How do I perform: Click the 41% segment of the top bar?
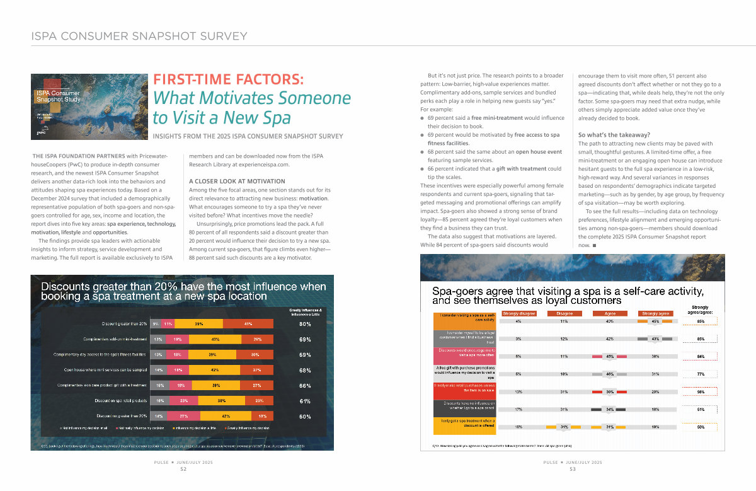click(248, 324)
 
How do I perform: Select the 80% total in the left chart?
click(305, 324)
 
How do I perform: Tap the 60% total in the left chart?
click(305, 416)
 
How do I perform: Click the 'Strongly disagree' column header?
click(519, 313)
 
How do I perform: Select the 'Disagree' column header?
click(564, 313)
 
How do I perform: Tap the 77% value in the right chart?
click(701, 373)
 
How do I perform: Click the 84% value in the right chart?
click(701, 356)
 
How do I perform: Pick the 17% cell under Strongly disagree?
click(518, 410)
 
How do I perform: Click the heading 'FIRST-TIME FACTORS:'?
click(229, 80)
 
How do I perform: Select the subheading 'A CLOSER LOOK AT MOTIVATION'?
click(237, 182)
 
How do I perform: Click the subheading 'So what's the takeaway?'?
click(614, 134)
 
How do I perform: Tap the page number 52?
click(183, 469)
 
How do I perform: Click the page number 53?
click(572, 469)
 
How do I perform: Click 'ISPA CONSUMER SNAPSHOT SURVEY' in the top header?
click(139, 37)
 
